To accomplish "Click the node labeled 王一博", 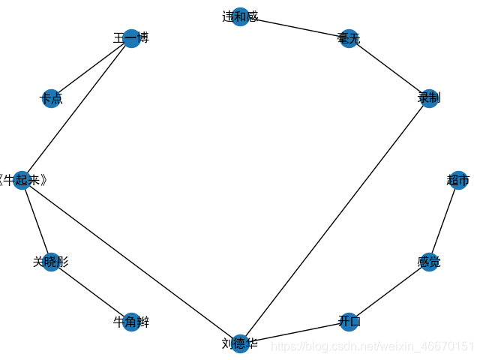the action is click(131, 38).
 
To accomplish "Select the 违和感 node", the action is click(240, 16).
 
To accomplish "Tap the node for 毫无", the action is click(349, 38).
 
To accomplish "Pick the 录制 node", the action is click(429, 98).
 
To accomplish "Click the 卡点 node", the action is click(51, 98).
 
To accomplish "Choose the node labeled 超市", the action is click(458, 180).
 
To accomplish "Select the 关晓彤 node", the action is click(51, 262).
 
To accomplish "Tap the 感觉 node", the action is click(429, 262).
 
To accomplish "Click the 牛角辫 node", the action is click(131, 322).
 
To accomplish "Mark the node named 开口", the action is click(349, 322).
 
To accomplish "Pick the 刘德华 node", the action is click(240, 343).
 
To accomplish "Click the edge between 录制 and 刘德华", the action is click(334, 220).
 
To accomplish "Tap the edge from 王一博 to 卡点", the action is click(91, 68).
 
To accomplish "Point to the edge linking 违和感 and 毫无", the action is click(294, 27).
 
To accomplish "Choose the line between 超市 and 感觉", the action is click(443, 221).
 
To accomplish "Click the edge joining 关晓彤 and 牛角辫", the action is click(91, 292).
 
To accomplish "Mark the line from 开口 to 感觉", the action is click(388, 292).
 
